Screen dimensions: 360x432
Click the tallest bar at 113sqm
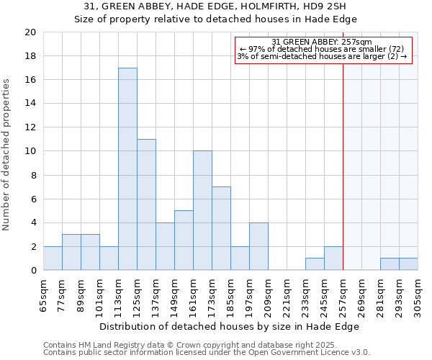coord(127,169)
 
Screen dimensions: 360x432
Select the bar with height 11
coord(146,204)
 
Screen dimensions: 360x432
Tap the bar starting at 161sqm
coord(202,210)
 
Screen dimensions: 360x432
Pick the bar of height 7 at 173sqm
coord(221,228)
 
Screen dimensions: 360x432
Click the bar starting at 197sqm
coord(258,246)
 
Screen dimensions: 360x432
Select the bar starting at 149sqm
coord(184,240)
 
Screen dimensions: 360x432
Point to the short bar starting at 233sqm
coord(315,264)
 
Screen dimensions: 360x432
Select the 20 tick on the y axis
coord(30,32)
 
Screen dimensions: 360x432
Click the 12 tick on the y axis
coord(30,127)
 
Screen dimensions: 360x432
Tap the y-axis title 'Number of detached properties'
coord(7,154)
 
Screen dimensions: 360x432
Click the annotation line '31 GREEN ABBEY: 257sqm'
coord(323,42)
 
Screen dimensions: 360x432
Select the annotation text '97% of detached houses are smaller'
coord(323,49)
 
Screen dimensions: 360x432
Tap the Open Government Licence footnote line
coord(207,353)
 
